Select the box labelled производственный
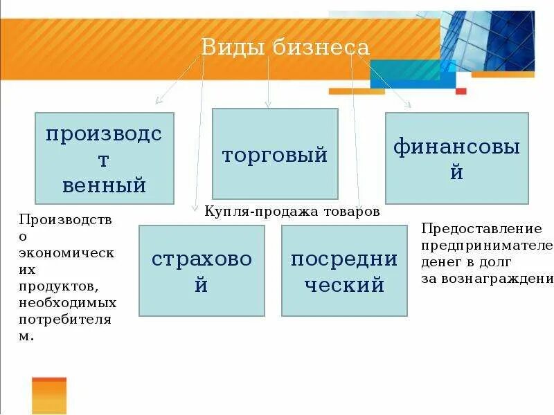pyautogui.click(x=105, y=158)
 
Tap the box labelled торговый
pyautogui.click(x=275, y=154)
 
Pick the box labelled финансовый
pyautogui.click(x=456, y=158)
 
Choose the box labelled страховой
pyautogui.click(x=202, y=270)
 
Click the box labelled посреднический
pyautogui.click(x=344, y=270)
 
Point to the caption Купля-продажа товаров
pyautogui.click(x=292, y=212)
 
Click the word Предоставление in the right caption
pyautogui.click(x=481, y=228)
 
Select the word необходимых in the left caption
pyautogui.click(x=68, y=303)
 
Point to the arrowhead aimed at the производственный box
pyautogui.click(x=158, y=101)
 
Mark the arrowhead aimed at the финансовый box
pyautogui.click(x=409, y=106)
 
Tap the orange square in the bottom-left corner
pyautogui.click(x=49, y=396)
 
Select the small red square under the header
pyautogui.click(x=461, y=91)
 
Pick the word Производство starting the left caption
pyautogui.click(x=65, y=220)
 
